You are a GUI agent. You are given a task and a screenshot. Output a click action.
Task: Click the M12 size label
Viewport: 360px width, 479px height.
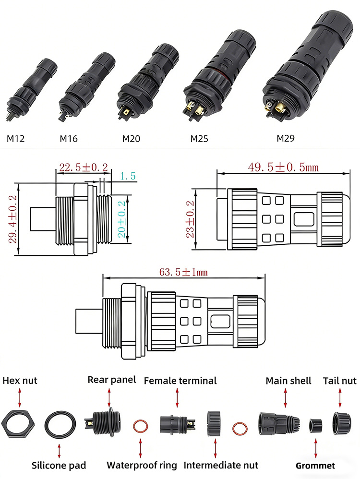[15, 139]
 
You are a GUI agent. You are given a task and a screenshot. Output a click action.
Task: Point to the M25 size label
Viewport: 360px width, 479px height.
[199, 139]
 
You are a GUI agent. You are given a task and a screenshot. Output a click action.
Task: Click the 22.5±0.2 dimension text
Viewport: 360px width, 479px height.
[83, 168]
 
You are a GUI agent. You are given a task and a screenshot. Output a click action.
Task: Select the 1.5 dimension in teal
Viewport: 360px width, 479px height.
[127, 176]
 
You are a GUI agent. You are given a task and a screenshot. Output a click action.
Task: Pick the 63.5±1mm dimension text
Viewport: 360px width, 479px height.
[183, 272]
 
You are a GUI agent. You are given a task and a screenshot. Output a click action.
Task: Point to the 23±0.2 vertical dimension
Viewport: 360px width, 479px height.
[191, 219]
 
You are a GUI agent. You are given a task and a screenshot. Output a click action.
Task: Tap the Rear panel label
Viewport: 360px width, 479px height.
[111, 380]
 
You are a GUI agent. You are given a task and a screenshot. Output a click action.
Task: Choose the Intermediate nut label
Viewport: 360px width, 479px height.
[221, 465]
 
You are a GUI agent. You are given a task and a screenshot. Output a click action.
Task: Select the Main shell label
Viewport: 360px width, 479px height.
[288, 381]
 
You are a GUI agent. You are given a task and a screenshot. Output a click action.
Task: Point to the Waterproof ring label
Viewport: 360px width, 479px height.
[142, 465]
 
